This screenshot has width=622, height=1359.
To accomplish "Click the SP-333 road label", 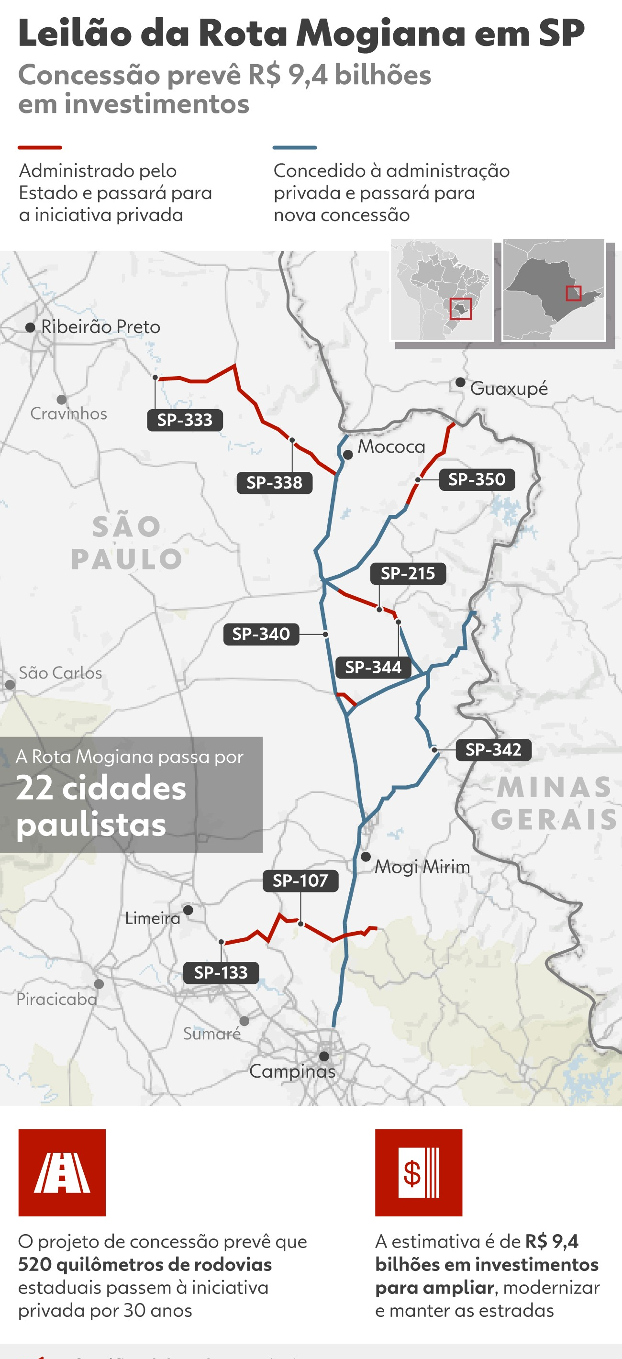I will pos(185,420).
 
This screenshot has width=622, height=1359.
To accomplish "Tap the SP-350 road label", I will pos(477,479).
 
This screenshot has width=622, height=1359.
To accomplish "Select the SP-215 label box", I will pos(408,573).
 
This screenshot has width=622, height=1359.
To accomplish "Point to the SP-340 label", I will pos(261,634).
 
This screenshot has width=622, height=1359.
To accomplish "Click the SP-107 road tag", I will pos(300,880).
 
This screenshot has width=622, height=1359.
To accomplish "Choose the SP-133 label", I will pos(221,972).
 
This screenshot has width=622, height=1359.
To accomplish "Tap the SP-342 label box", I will pos(493,749).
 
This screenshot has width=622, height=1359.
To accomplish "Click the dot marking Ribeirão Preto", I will pos(31,328).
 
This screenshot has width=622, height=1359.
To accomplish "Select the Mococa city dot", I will pos(348,454).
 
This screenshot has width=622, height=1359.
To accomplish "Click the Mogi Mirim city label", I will pos(422,867).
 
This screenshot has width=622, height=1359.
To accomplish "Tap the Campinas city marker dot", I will pos(324,1056).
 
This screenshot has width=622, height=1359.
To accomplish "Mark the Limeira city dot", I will pos(188,910).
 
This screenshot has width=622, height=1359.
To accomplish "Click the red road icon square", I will pos(62,1172).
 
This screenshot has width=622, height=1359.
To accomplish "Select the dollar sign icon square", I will pos(419,1172).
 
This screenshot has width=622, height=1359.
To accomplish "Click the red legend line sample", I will pos(40,148).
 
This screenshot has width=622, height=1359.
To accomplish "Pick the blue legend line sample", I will pos(294,148).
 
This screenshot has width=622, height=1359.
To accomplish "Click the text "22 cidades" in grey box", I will pos(101,788).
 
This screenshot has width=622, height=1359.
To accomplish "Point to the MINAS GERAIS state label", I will pos(554,803).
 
